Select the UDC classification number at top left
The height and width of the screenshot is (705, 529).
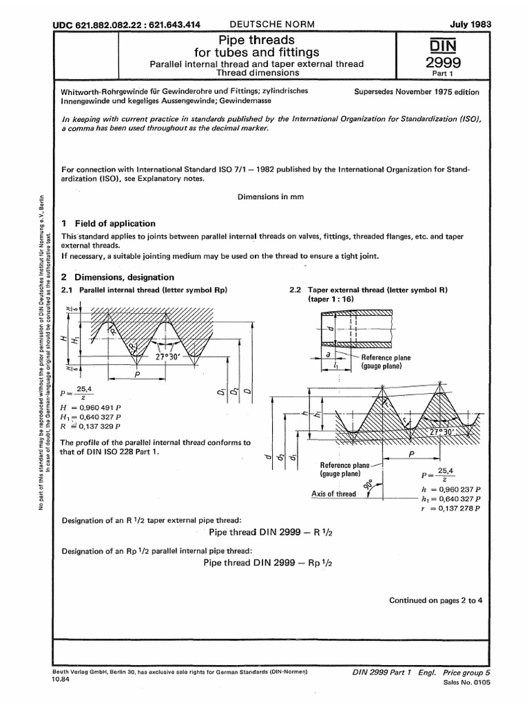pos(127,25)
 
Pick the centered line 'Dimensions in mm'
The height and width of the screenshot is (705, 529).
pos(271,196)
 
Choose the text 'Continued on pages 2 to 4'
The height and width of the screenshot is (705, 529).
pos(436,600)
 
